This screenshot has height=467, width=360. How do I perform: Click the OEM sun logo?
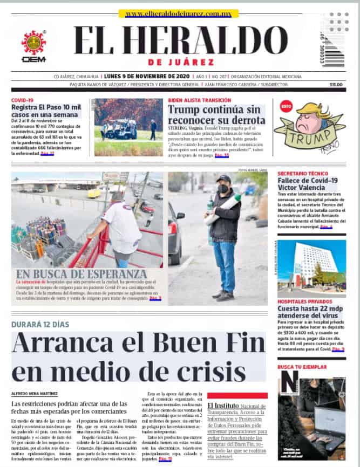point(33,43)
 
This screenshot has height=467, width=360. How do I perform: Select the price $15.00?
point(336,85)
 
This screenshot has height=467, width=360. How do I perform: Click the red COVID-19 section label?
point(22,100)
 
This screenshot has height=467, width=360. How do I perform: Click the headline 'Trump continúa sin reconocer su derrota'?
point(216,114)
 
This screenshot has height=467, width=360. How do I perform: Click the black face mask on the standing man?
point(223,189)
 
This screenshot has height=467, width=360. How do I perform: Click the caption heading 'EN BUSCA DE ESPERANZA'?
point(81,273)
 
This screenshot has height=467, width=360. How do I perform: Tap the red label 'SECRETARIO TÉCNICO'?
point(302,174)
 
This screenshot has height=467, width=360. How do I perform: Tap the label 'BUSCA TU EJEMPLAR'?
point(302,367)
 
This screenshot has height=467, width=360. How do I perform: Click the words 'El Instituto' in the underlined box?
point(223,404)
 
